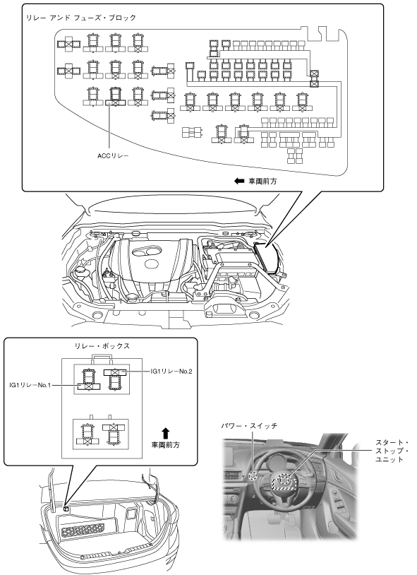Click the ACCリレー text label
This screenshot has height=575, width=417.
click(113, 156)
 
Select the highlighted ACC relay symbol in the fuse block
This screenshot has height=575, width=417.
click(115, 97)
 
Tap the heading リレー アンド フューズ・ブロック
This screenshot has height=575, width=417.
click(81, 18)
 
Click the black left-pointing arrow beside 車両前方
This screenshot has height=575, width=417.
click(239, 181)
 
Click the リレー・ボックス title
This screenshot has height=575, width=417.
click(102, 346)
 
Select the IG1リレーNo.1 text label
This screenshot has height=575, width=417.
click(30, 385)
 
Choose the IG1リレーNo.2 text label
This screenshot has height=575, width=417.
click(171, 371)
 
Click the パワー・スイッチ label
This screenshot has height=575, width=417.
click(249, 426)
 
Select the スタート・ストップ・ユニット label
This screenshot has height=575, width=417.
click(392, 451)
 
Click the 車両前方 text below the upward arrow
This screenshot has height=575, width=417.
click(165, 445)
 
